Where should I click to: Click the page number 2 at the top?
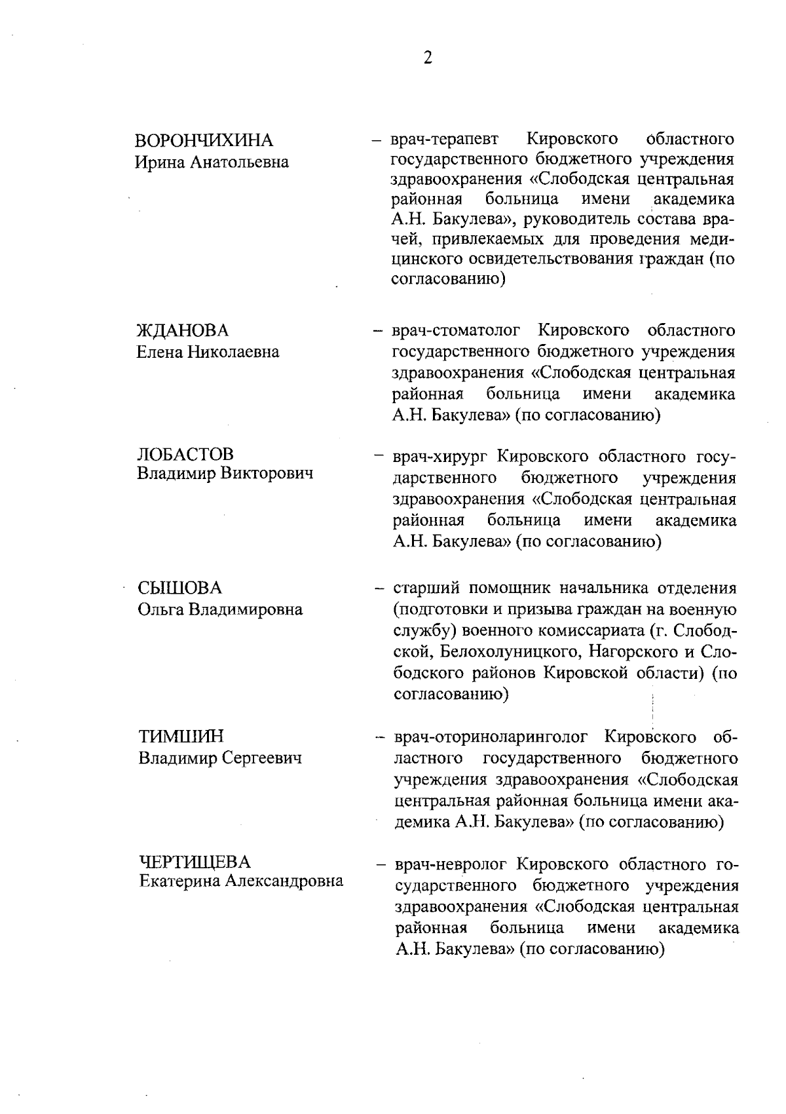pos(428,58)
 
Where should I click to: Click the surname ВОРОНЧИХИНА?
pos(204,140)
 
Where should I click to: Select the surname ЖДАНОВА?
pos(183,330)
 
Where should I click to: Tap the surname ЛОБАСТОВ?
pos(185,453)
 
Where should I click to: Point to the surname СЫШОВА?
pos(180,588)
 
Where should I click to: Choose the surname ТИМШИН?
pos(181,737)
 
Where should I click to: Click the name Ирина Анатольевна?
pos(212,162)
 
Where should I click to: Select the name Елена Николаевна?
pos(208,352)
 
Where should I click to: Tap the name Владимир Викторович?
pos(225,474)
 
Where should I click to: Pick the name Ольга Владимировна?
pos(220,609)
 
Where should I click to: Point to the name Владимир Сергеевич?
pos(220,758)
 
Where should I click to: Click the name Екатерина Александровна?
pos(241,881)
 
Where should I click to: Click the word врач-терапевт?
pos(444,140)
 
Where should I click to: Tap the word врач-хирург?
pos(440,455)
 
